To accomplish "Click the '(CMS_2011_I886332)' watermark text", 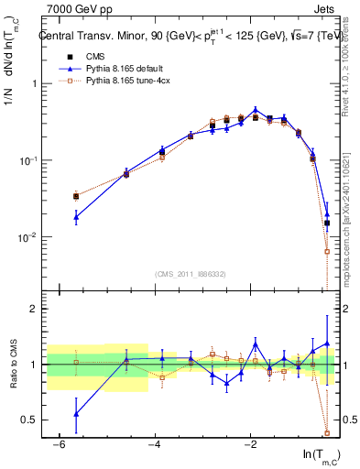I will click(x=191, y=274).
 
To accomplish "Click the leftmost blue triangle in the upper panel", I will click(x=76, y=217).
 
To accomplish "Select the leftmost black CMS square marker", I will click(x=76, y=196).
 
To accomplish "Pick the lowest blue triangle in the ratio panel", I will click(x=76, y=414).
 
